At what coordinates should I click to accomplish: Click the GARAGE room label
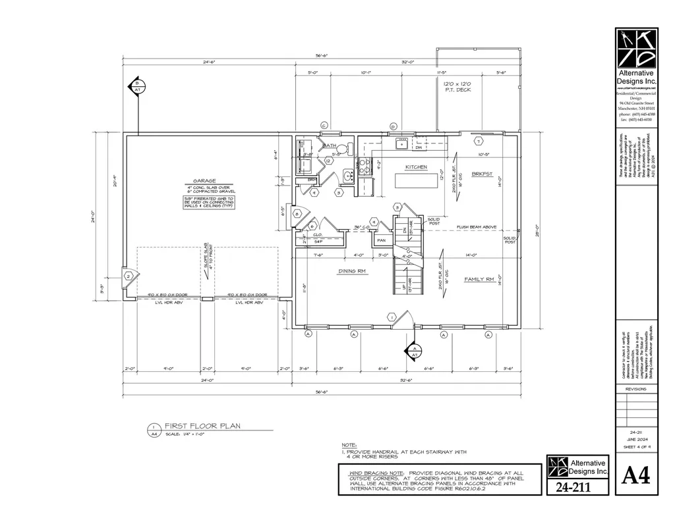point(204,180)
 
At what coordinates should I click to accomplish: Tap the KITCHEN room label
point(417,167)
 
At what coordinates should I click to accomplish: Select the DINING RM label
point(353,271)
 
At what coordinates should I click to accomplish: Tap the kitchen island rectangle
point(417,180)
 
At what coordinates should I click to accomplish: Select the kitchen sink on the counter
point(401,142)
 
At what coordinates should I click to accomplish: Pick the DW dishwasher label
point(419,148)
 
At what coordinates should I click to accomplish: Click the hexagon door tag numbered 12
point(327,161)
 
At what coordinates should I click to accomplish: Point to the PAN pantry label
point(381,241)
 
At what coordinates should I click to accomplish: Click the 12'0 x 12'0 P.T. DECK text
point(459,88)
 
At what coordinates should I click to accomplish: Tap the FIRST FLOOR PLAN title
point(202,427)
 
